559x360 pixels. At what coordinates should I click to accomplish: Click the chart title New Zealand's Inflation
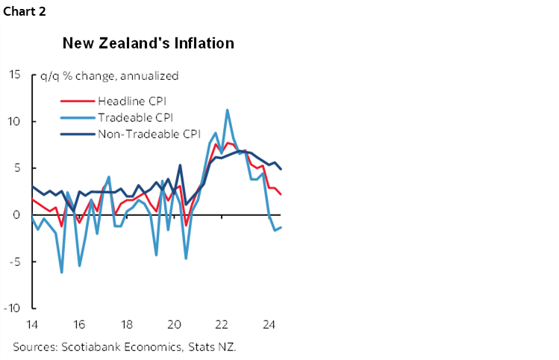149,43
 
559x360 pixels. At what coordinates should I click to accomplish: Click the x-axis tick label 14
31,325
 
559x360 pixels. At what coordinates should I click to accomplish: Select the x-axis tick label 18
126,325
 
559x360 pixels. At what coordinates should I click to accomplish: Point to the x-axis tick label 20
174,325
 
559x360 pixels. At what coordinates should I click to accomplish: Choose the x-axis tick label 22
222,325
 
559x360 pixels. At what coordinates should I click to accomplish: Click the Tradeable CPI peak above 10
227,111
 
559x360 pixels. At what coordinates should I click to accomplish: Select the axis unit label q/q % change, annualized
110,75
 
